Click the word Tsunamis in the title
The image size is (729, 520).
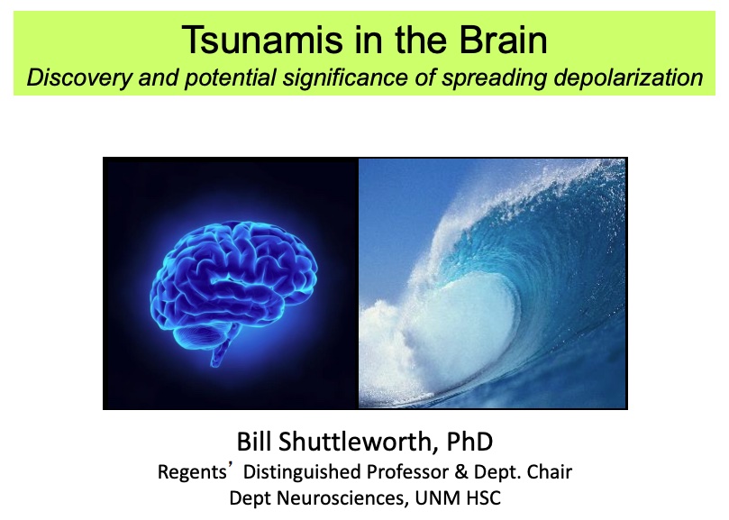[263, 40]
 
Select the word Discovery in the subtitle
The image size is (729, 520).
[79, 78]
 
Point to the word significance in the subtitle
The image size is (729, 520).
[345, 78]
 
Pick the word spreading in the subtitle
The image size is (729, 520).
[494, 78]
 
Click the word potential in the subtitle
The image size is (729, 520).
[231, 78]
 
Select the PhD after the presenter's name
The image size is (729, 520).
[469, 441]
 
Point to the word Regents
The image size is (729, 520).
[192, 471]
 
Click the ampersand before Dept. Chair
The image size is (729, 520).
[461, 471]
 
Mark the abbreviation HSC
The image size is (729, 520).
[484, 498]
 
